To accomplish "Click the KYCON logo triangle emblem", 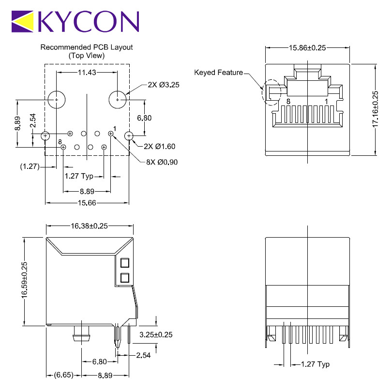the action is point(22,21).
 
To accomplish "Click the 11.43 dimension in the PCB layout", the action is point(87,73).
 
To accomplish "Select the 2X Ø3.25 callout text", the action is point(164,85).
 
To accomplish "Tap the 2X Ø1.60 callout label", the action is point(160,146).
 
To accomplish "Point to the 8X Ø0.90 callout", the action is point(162,162).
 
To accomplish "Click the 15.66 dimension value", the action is point(87,203).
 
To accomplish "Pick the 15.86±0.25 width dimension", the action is point(307,48).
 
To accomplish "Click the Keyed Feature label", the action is point(218,73).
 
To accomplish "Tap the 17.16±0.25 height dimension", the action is point(375,109).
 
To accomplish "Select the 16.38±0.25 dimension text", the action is point(89,226).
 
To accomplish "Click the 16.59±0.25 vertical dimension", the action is point(24,280).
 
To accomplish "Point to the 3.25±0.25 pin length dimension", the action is point(156,334).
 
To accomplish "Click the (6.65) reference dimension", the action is point(64,375).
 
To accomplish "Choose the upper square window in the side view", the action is point(125,263).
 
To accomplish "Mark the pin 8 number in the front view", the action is point(288,102).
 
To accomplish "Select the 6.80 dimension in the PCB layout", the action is point(144,118).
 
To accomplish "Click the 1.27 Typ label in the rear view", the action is point(315,364).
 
